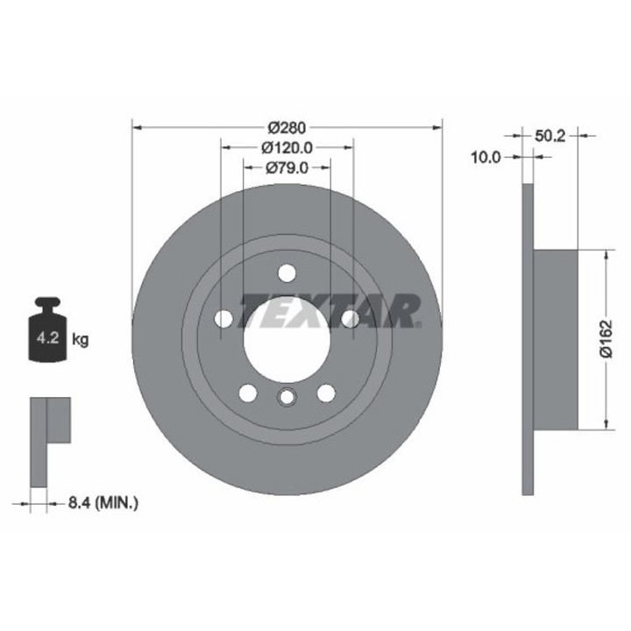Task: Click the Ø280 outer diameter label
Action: point(287,126)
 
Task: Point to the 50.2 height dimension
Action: point(549,135)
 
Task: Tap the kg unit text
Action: point(80,338)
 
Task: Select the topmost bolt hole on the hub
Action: point(287,273)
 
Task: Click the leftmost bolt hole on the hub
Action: point(223,318)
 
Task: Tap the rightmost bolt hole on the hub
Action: point(350,318)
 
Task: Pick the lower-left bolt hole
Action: point(248,392)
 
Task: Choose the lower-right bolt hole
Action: point(325,392)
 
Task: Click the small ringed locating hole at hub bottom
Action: point(287,400)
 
